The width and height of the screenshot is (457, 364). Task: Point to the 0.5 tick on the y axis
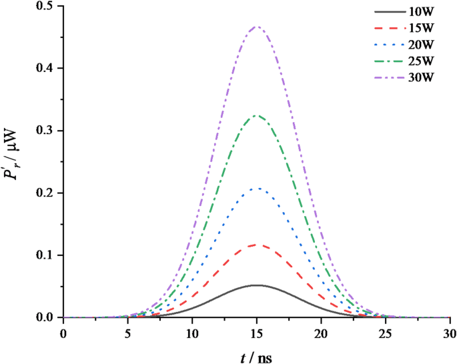pos(47,7)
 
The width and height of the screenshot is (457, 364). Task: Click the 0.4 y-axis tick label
pos(47,69)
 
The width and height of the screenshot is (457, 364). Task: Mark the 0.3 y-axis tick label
pos(47,131)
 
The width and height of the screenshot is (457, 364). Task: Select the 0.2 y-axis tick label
pos(47,193)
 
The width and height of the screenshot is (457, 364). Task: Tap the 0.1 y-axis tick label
pos(47,255)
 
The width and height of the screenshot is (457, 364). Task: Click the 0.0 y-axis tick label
pos(47,318)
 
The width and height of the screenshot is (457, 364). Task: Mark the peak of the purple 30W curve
pos(257,27)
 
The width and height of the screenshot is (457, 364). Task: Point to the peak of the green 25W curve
pos(257,116)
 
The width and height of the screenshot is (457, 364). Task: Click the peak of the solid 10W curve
pos(257,285)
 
